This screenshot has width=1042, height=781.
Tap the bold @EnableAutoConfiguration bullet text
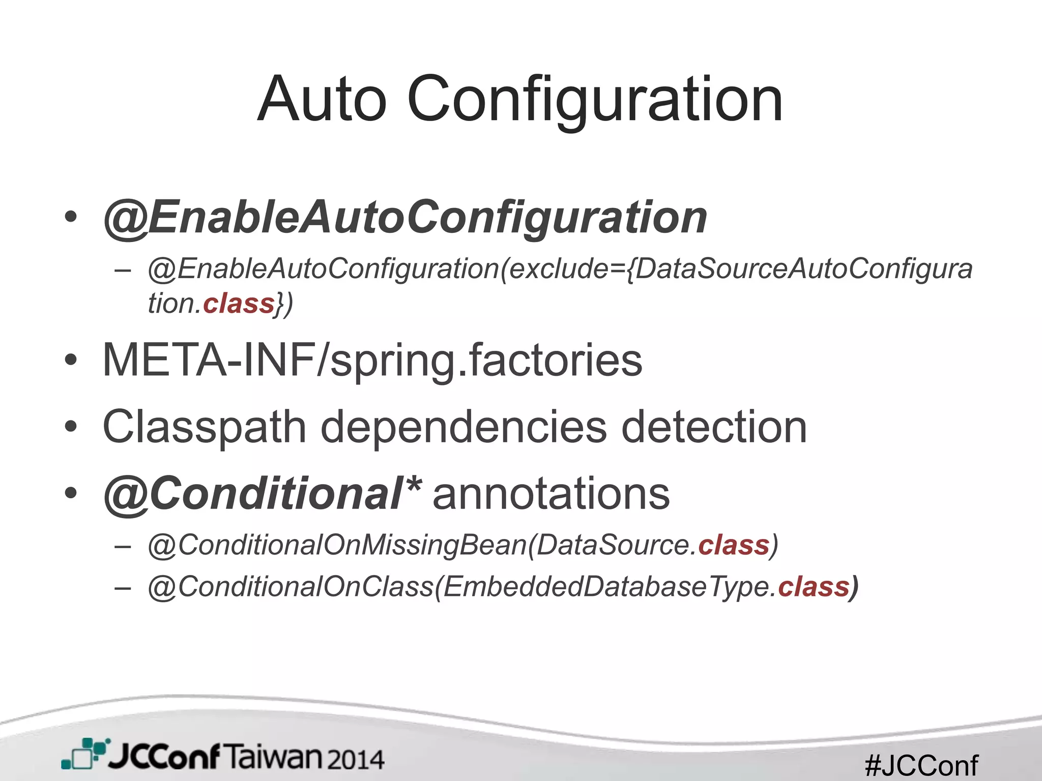[405, 218]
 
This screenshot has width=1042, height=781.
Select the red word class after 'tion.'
[239, 304]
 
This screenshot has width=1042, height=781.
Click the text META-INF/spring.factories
[372, 360]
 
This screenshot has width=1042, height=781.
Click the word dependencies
[464, 427]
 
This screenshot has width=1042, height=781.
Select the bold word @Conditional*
[262, 493]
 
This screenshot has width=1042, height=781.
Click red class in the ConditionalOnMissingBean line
[733, 545]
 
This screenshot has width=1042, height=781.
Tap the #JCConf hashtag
[921, 765]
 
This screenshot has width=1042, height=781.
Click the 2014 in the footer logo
[356, 759]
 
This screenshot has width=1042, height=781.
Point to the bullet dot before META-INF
[71, 361]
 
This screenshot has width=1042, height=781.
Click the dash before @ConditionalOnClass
[123, 588]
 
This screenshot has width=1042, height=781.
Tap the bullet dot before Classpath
[71, 427]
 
